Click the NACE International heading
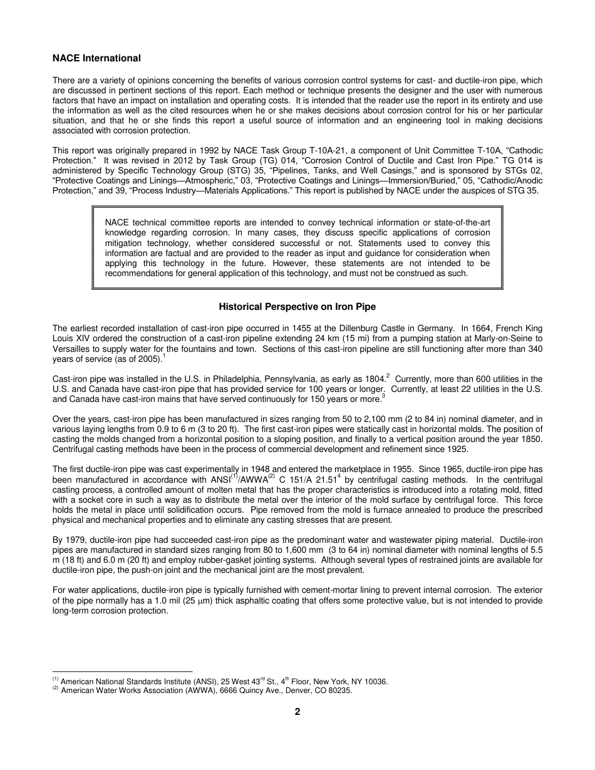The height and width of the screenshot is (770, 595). click(96, 58)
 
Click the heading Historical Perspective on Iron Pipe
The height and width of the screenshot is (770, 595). click(297, 307)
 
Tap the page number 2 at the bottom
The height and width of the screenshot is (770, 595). click(297, 711)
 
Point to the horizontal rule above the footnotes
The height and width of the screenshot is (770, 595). click(122, 671)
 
